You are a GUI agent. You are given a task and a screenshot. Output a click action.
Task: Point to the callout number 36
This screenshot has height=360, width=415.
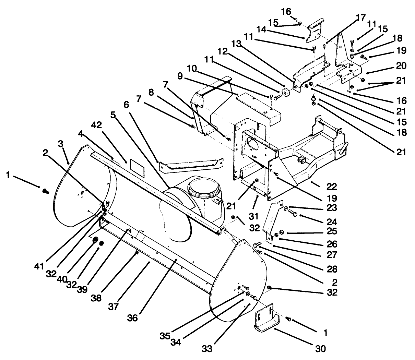132,318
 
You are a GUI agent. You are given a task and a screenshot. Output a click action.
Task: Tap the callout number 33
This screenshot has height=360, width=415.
207,349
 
